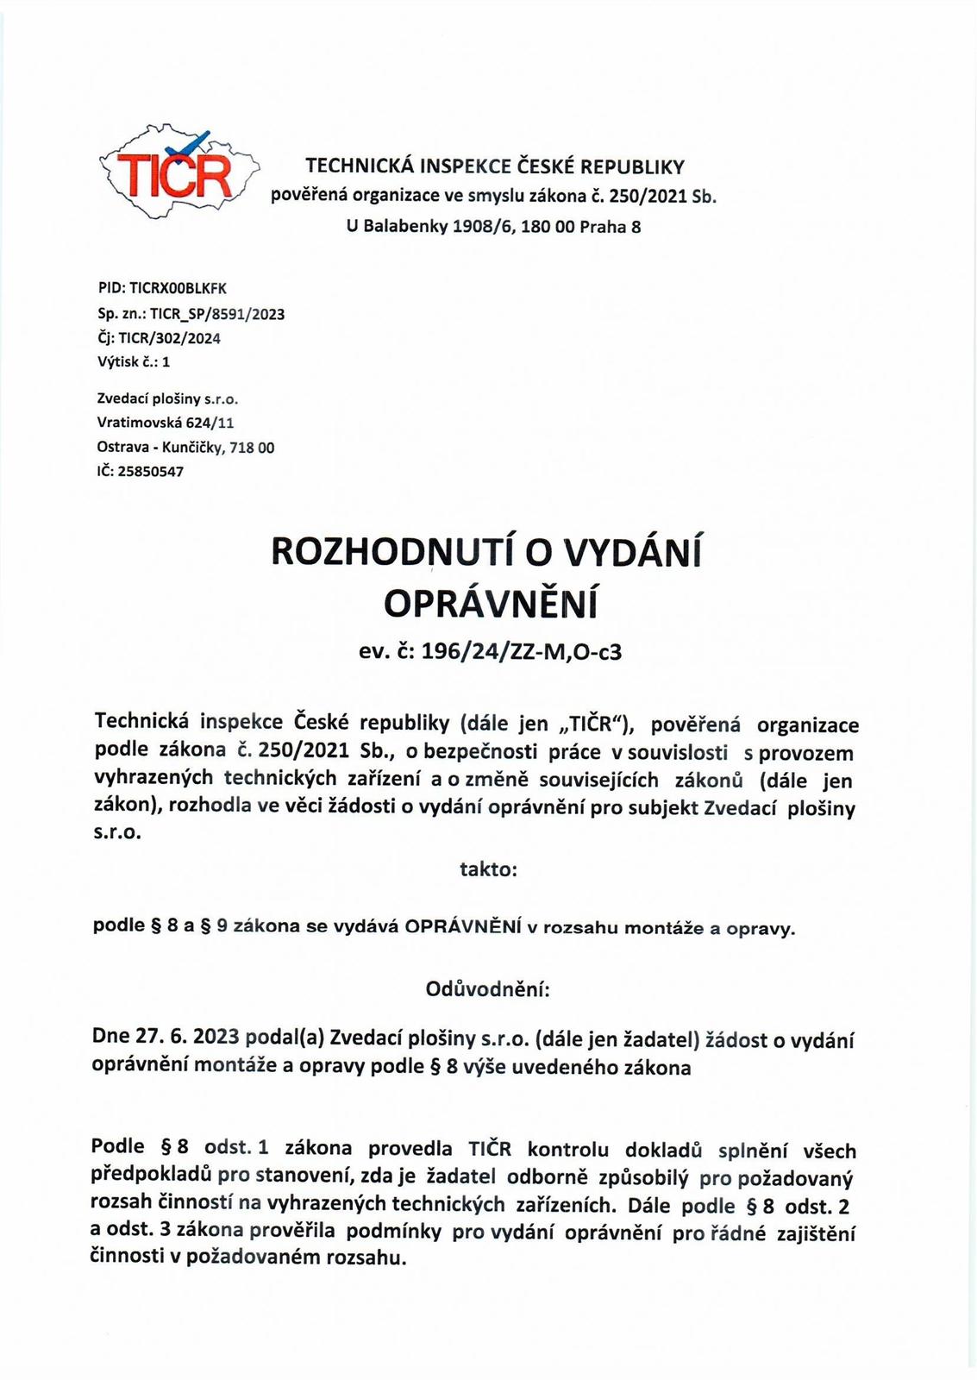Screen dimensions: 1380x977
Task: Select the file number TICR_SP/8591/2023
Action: (x=217, y=314)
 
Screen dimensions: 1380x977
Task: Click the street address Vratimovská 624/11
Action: (x=166, y=423)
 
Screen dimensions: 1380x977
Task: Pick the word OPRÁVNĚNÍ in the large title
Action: (x=490, y=605)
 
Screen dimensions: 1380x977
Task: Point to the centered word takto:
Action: (x=488, y=869)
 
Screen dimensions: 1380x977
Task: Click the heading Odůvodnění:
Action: (x=488, y=989)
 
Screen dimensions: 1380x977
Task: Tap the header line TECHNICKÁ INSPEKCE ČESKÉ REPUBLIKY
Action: (x=495, y=166)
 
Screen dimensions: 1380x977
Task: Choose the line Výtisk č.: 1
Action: (x=134, y=362)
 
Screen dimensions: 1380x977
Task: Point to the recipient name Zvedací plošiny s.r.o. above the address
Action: (x=167, y=399)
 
